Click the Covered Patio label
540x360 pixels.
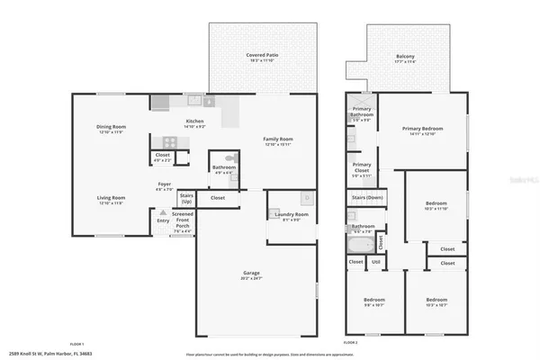262,55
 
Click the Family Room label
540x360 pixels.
277,139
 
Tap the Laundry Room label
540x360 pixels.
292,214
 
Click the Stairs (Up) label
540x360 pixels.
186,197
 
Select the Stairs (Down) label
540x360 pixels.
367,196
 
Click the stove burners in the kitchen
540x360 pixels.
167,141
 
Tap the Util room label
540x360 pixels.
376,262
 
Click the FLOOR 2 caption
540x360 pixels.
350,344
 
